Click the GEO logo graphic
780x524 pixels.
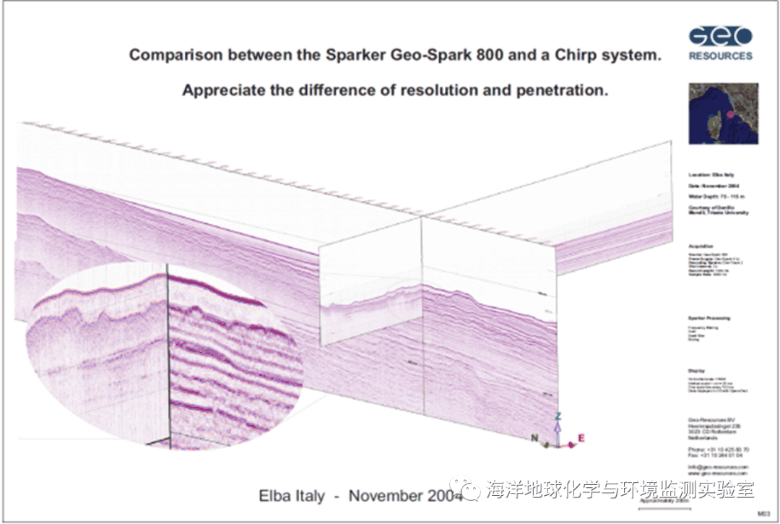tap(720, 36)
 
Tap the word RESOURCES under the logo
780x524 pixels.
tap(720, 56)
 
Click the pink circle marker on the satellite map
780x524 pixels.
tap(730, 114)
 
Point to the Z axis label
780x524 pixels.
tap(558, 417)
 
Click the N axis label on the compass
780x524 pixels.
tap(535, 437)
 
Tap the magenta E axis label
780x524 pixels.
tap(581, 438)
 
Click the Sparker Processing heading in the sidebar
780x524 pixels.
tap(709, 318)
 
